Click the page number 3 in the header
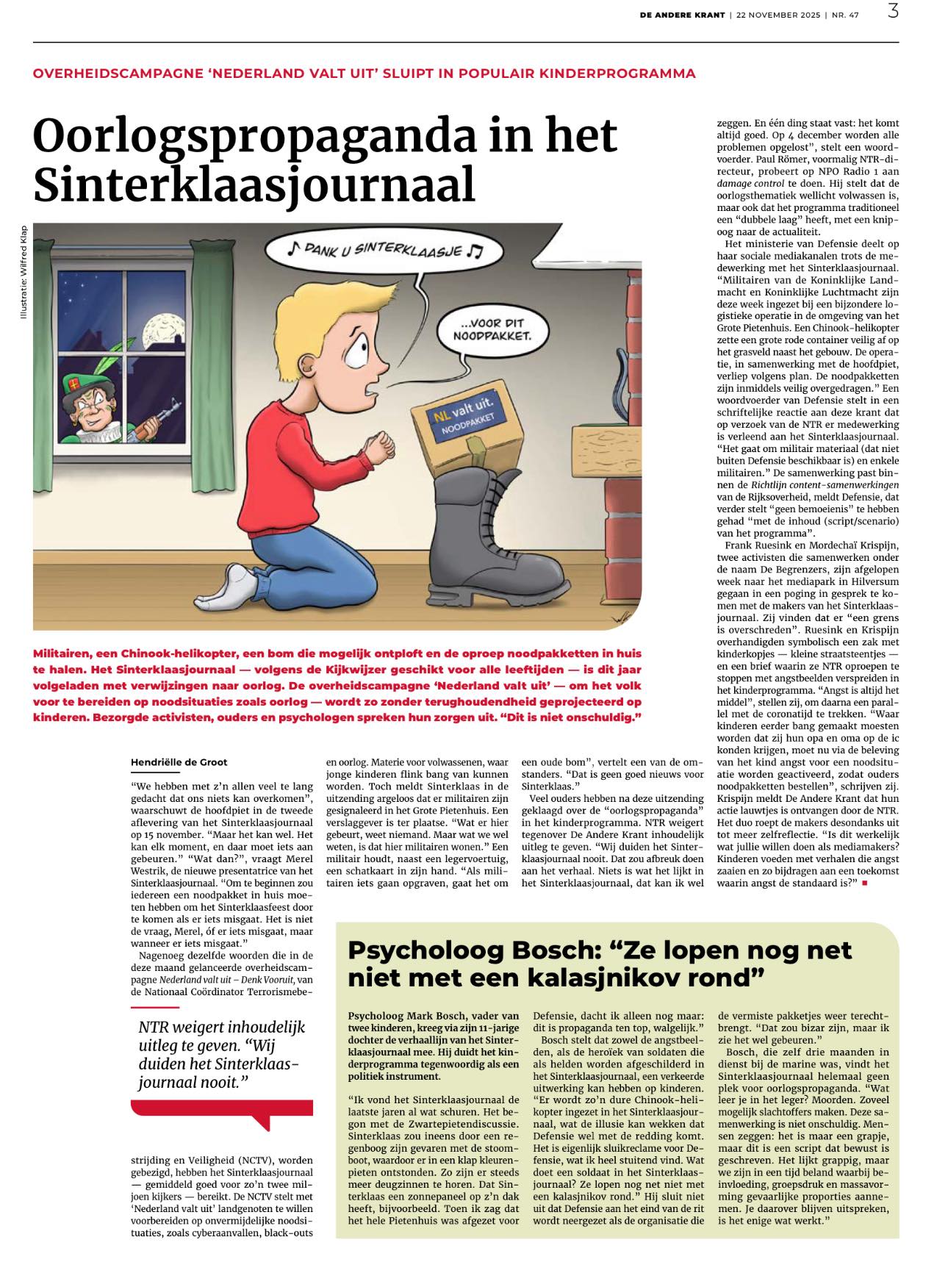coord(893,12)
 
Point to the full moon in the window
coord(159,330)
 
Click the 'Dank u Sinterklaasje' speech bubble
coord(383,251)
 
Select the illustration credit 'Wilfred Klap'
coord(24,272)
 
